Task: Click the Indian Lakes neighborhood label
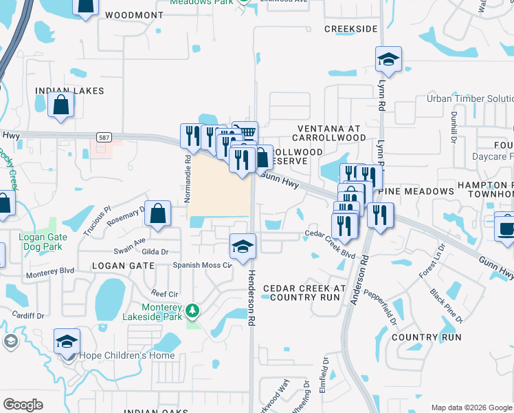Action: pos(69,91)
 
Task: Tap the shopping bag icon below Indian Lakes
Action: pos(61,106)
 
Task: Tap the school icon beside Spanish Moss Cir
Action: pos(242,247)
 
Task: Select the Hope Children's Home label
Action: pos(126,356)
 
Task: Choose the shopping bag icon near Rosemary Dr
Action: pos(158,214)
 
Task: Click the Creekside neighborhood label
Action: pos(350,29)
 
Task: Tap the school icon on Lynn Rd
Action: pos(388,60)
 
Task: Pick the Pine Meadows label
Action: pos(420,191)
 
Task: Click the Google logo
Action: pos(23,405)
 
